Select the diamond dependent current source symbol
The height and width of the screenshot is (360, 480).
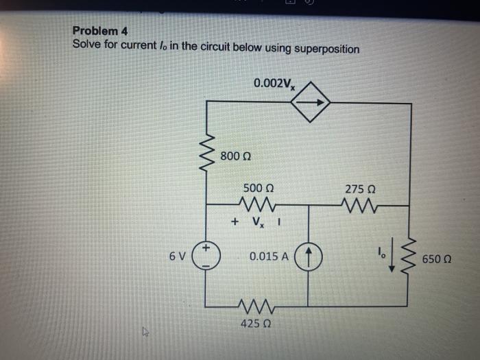pyautogui.click(x=310, y=102)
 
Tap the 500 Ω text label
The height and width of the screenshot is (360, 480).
pyautogui.click(x=259, y=187)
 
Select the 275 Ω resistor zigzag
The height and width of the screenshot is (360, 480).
pyautogui.click(x=359, y=204)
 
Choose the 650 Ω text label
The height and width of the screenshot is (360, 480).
pyautogui.click(x=437, y=260)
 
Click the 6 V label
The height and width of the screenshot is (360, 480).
pyautogui.click(x=177, y=256)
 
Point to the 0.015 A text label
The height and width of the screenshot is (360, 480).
pyautogui.click(x=269, y=257)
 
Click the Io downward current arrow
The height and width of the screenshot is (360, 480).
pyautogui.click(x=393, y=261)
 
